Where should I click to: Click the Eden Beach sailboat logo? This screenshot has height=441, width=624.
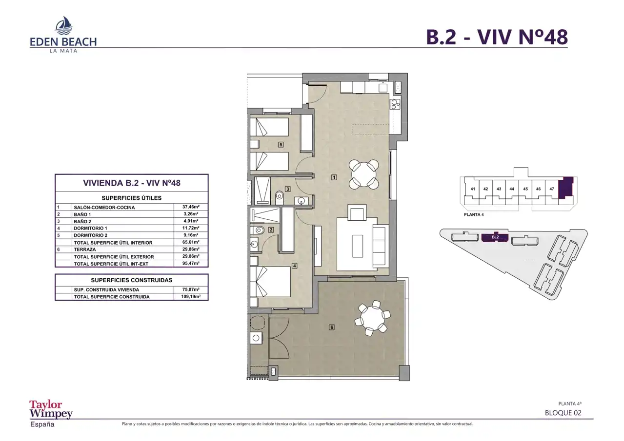[x=64, y=25]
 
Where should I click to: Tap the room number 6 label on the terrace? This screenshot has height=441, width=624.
[x=331, y=327]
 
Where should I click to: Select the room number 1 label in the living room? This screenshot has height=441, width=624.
[x=334, y=177]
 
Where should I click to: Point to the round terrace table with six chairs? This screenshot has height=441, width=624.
[x=372, y=318]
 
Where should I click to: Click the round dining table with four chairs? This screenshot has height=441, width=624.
[x=364, y=174]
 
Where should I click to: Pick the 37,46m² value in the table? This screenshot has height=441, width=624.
[x=191, y=207]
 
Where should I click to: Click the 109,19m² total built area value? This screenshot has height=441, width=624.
[x=191, y=297]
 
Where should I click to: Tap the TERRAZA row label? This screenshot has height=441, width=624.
[x=85, y=249]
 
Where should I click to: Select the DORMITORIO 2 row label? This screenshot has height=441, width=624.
[x=91, y=235]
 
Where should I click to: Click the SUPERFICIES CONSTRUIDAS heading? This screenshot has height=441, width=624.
[x=132, y=280]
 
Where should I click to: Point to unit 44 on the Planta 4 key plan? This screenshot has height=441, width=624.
[x=512, y=189]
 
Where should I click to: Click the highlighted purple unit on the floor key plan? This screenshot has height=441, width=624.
[x=566, y=188]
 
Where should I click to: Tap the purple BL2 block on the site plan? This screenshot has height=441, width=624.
[x=495, y=238]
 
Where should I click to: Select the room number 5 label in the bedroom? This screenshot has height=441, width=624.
[x=281, y=144]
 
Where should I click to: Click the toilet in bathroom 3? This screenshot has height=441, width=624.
[x=279, y=197]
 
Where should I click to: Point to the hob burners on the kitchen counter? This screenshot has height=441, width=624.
[x=396, y=104]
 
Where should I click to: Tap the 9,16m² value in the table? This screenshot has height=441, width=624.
[x=191, y=235]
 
